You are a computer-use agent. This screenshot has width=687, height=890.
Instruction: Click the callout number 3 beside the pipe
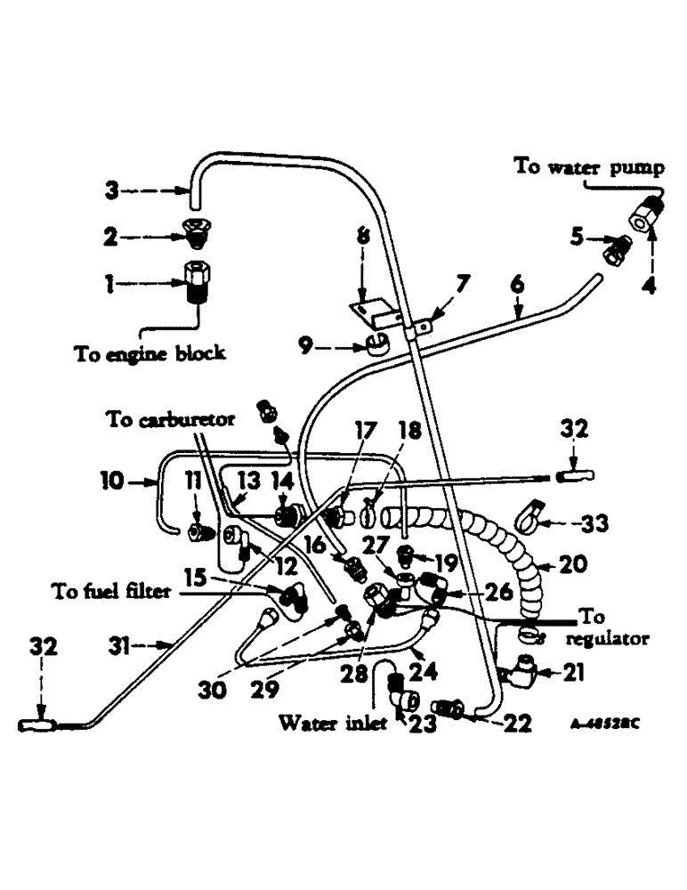pos(112,190)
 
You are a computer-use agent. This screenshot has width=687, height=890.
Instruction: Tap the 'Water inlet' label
pos(333,723)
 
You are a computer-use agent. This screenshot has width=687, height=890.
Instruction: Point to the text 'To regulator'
pos(613,627)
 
